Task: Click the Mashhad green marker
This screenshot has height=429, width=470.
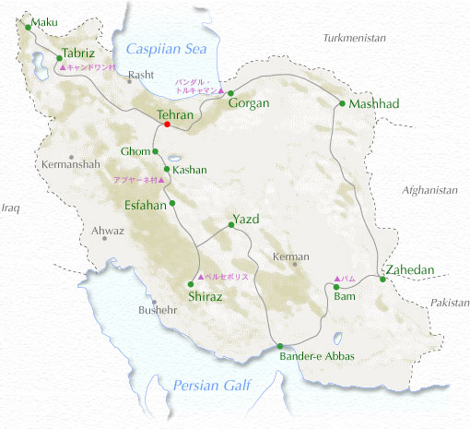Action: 342,103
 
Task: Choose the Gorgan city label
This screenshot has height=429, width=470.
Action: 249,103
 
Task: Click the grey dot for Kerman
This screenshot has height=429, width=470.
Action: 295,264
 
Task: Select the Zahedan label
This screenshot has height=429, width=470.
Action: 410,269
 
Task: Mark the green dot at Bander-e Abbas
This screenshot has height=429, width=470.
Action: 280,346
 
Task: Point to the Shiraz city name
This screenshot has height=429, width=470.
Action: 206,296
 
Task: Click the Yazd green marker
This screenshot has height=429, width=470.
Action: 229,225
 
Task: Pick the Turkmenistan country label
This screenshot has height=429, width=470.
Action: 355,38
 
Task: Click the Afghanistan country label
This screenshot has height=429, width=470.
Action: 429,189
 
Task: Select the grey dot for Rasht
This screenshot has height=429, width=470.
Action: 129,85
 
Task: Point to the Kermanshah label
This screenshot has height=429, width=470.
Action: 70,164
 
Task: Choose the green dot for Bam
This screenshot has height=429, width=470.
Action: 336,287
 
